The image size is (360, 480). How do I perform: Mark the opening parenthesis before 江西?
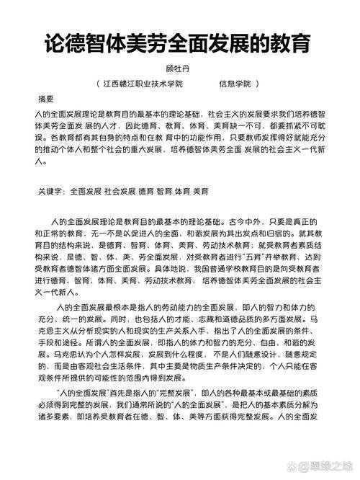tap(98, 84)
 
